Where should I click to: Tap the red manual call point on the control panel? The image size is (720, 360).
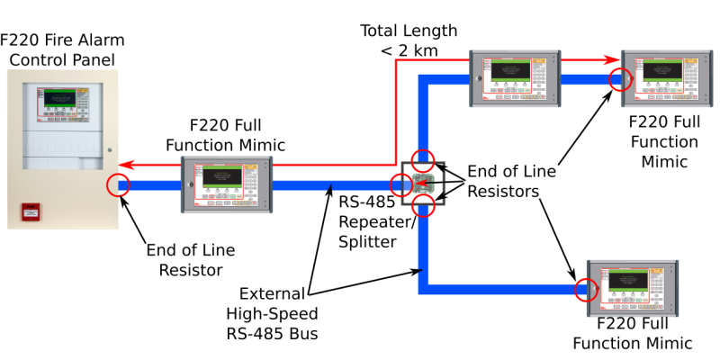click(31, 212)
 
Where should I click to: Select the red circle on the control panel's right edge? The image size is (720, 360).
click(118, 185)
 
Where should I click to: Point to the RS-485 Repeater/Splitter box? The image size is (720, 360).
click(423, 184)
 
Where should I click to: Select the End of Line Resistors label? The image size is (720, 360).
click(508, 183)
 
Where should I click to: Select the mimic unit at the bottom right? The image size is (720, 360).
click(632, 290)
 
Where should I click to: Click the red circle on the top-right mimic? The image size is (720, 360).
click(618, 79)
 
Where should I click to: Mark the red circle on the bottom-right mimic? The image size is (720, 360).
click(586, 290)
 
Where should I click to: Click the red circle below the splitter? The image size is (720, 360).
click(422, 205)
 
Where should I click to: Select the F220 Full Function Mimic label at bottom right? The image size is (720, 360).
click(633, 333)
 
